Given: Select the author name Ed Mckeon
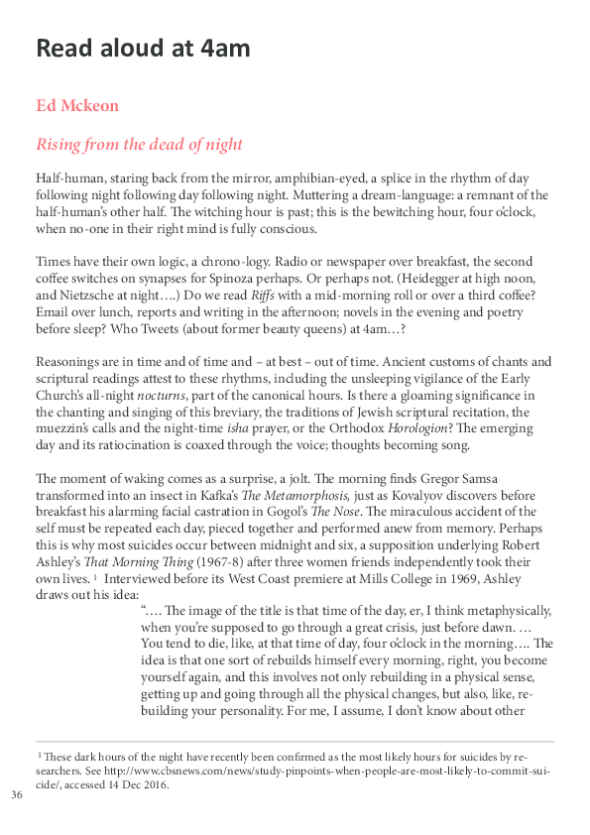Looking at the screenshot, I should pyautogui.click(x=77, y=105).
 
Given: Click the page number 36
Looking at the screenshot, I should pyautogui.click(x=16, y=795).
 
